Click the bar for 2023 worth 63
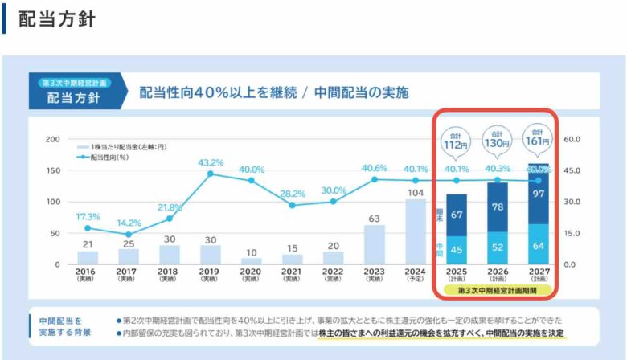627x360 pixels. pos(375,244)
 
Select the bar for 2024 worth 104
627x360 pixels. pos(416,231)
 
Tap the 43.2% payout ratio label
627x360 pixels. pos(211,163)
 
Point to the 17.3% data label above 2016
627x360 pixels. pos(88,217)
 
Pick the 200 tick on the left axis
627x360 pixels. pos(54,139)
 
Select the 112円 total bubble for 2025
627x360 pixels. pos(455,141)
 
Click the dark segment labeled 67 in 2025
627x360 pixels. pos(457,215)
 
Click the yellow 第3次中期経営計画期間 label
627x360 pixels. pos(497,289)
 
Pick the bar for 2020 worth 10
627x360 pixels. pos(252,260)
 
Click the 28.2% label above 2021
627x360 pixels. pos(293,194)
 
